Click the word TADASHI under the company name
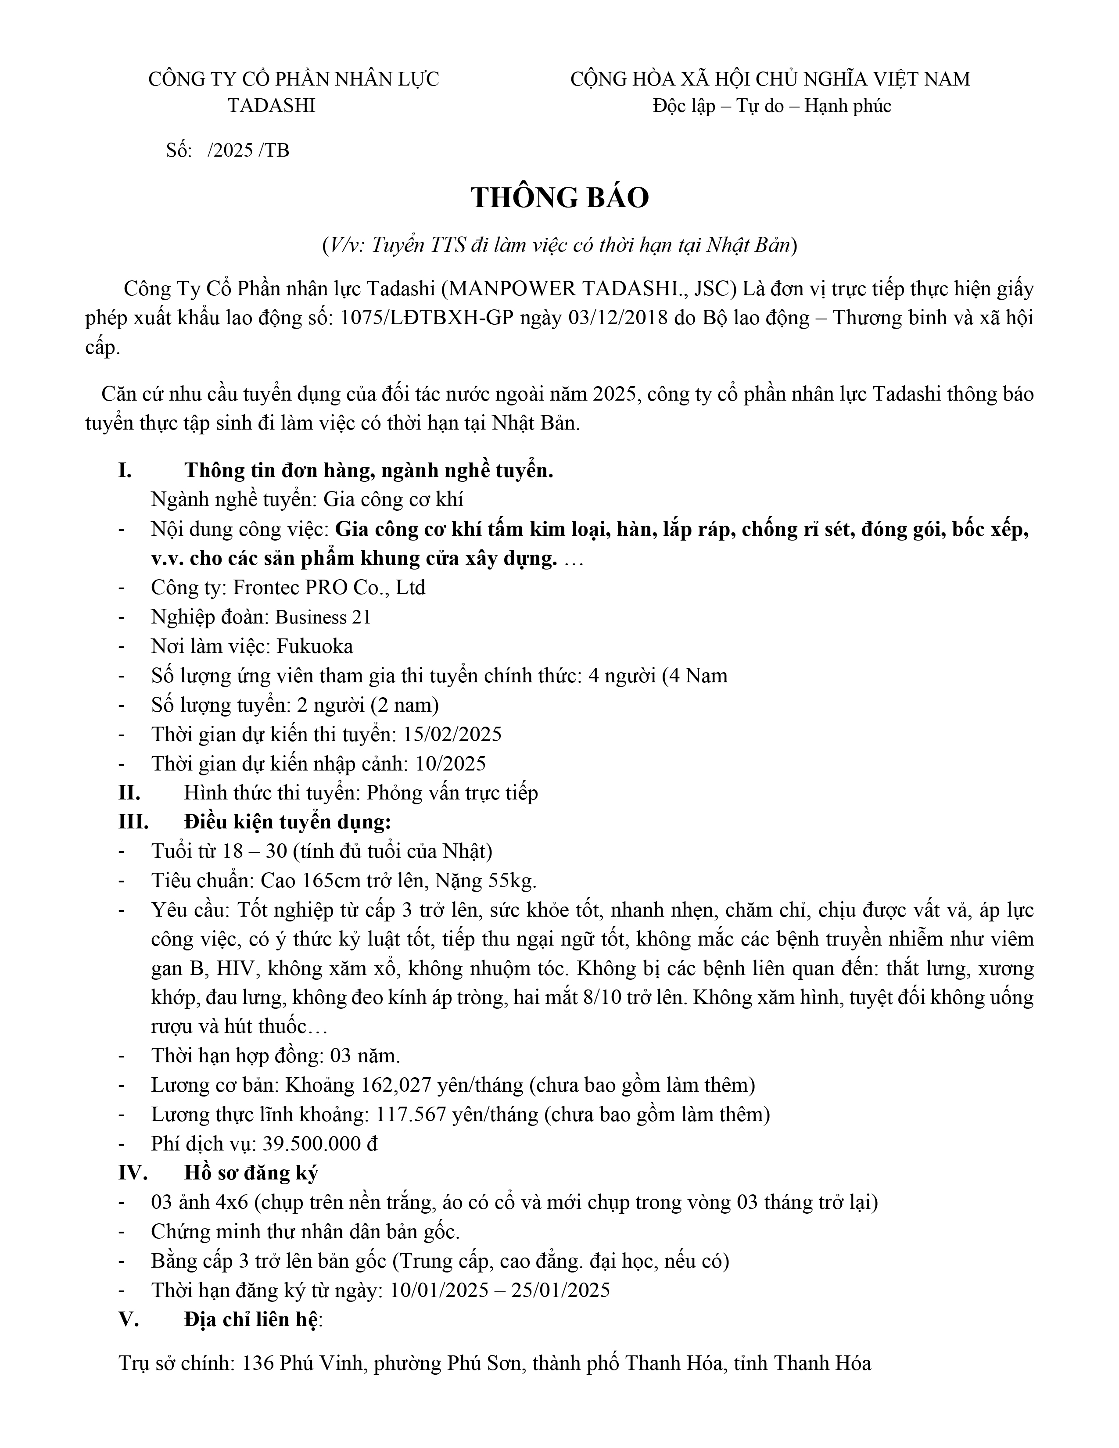click(x=272, y=105)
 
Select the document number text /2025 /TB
click(x=248, y=151)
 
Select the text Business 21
click(x=323, y=617)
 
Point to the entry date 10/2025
click(x=451, y=764)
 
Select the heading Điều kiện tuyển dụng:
click(x=288, y=822)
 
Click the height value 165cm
click(x=330, y=881)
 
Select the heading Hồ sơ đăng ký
click(x=251, y=1173)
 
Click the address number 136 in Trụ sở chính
click(x=258, y=1364)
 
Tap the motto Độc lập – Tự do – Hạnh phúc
click(x=771, y=105)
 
